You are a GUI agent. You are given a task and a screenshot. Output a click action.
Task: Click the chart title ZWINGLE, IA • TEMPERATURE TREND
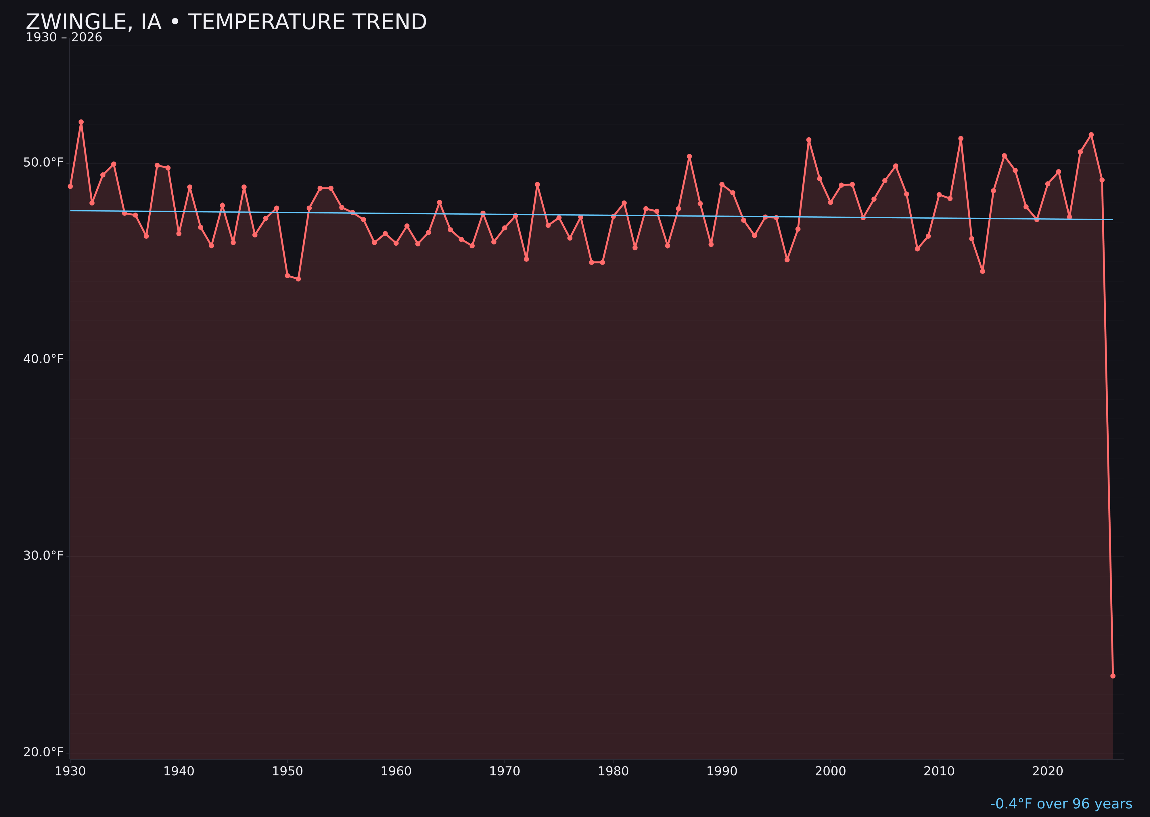[x=226, y=22]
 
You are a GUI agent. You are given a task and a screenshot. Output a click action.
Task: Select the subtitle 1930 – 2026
[x=64, y=38]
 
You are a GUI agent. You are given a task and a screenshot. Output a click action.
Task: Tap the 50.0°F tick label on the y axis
[x=43, y=163]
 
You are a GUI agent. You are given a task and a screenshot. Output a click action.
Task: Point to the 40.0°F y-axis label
[x=43, y=359]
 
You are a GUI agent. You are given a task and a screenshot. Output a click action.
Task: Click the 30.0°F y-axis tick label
[x=43, y=555]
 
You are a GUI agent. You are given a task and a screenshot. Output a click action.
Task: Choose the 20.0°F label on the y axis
[x=43, y=752]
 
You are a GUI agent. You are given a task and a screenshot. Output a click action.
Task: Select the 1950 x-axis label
[x=287, y=771]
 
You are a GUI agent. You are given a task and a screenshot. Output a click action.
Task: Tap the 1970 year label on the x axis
[x=505, y=771]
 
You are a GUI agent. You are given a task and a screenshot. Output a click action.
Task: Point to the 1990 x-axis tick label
[x=722, y=771]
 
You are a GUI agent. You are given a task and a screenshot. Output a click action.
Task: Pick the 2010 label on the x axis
[x=939, y=771]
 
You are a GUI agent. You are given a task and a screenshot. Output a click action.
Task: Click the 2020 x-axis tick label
[x=1048, y=771]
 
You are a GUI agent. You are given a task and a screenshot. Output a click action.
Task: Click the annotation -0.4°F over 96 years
[x=1061, y=804]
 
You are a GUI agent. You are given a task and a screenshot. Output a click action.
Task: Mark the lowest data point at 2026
[x=1113, y=676]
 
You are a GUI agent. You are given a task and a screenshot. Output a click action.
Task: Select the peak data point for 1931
[x=81, y=122]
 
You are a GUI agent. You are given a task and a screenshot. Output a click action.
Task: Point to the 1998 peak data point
[x=809, y=140]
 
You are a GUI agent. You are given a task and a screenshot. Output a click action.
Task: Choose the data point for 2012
[x=961, y=138]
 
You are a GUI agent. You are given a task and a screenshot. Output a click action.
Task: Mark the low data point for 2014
[x=982, y=271]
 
